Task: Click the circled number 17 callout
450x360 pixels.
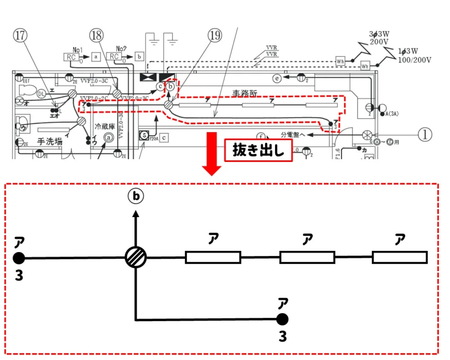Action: click(21, 35)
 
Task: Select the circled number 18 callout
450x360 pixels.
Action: click(97, 35)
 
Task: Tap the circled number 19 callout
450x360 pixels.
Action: click(214, 35)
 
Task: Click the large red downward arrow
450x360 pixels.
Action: click(213, 152)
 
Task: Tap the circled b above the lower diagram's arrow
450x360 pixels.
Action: click(136, 196)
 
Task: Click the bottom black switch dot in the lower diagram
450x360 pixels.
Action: click(282, 319)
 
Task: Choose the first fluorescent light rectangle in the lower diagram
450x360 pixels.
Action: click(213, 258)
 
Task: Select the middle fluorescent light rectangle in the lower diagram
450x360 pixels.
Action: click(307, 258)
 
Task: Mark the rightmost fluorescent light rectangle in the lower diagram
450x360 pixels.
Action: click(399, 258)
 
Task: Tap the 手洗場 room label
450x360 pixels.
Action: click(49, 142)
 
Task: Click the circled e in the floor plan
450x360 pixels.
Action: click(277, 79)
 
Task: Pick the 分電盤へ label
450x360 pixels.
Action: click(293, 135)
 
